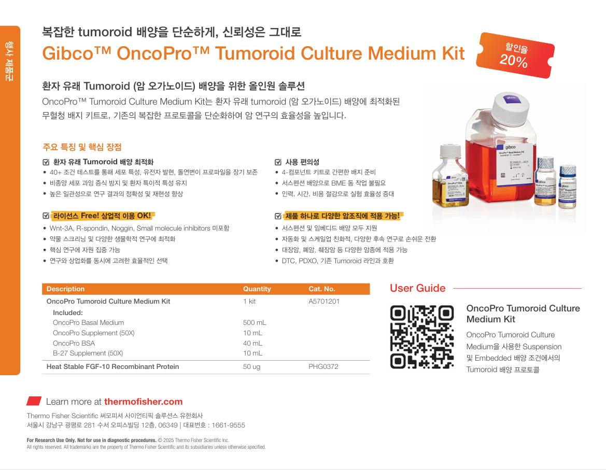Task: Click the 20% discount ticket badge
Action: click(516, 55)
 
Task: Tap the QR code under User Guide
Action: click(421, 337)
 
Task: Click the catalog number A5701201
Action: click(324, 301)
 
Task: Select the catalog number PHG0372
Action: click(323, 366)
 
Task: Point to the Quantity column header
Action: click(257, 289)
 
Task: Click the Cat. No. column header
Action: click(321, 289)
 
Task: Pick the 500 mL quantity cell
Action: click(255, 322)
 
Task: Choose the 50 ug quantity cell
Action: click(251, 366)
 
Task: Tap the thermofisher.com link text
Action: click(143, 402)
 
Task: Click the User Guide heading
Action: click(417, 288)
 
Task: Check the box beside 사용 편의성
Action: click(278, 162)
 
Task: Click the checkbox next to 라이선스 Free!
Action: click(46, 216)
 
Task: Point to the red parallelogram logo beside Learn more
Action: click(34, 401)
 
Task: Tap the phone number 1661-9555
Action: click(228, 425)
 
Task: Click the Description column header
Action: click(65, 289)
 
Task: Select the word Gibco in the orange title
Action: click(68, 53)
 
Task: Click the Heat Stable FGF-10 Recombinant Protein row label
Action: click(112, 366)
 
